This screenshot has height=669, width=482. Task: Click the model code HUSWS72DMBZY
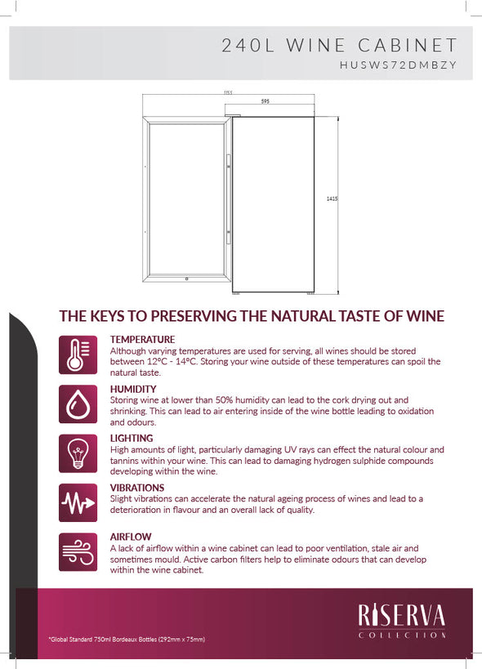pyautogui.click(x=398, y=65)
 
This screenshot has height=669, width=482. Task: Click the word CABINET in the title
pyautogui.click(x=408, y=45)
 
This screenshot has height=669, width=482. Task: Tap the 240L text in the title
pyautogui.click(x=248, y=45)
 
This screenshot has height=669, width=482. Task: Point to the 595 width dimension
pyautogui.click(x=266, y=101)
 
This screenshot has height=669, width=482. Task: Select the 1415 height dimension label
pyautogui.click(x=332, y=198)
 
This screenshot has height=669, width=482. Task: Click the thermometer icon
pyautogui.click(x=78, y=355)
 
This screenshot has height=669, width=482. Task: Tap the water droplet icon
pyautogui.click(x=78, y=404)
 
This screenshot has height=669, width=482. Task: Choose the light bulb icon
pyautogui.click(x=78, y=453)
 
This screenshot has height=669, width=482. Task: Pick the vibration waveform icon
pyautogui.click(x=78, y=502)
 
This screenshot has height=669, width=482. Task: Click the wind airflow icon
pyautogui.click(x=78, y=552)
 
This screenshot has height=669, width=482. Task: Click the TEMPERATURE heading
pyautogui.click(x=142, y=340)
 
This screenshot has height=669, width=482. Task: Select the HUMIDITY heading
pyautogui.click(x=133, y=389)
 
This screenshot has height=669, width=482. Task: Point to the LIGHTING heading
pyautogui.click(x=132, y=438)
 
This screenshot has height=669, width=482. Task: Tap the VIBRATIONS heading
pyautogui.click(x=137, y=488)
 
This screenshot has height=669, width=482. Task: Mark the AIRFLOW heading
pyautogui.click(x=131, y=537)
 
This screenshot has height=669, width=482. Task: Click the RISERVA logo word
pyautogui.click(x=402, y=615)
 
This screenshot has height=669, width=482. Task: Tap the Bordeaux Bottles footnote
pyautogui.click(x=127, y=639)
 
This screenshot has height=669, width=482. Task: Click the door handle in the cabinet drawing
pyautogui.click(x=228, y=198)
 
